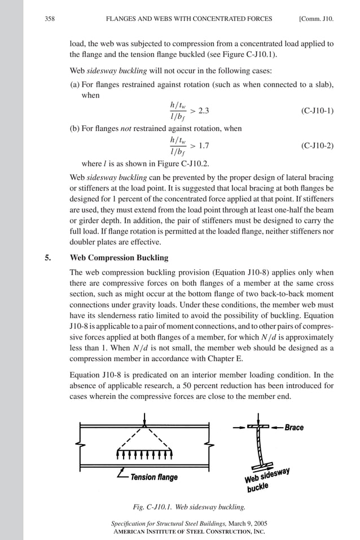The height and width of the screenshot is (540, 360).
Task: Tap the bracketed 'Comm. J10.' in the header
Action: point(316,19)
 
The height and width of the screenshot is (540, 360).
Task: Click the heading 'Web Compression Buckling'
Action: point(118,258)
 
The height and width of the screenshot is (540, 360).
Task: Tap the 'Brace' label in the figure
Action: point(294,428)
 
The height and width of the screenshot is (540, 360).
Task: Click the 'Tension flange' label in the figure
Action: point(154,477)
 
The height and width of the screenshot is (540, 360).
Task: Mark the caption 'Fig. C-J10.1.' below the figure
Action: point(151,506)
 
